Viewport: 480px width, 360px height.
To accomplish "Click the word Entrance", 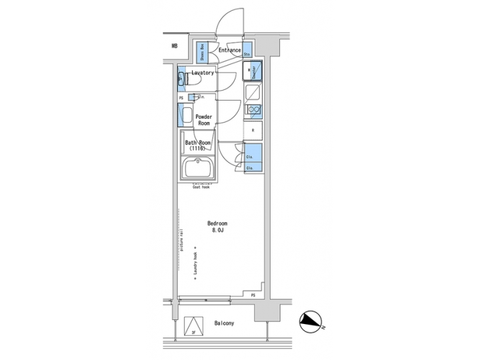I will (229, 51).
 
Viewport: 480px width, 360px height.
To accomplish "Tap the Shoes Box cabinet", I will (199, 51).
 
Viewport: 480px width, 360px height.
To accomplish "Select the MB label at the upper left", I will (175, 46).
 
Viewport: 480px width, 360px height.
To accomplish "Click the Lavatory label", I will (203, 73).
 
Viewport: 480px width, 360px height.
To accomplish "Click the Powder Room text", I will (203, 120).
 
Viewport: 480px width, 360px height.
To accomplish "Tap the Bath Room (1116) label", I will (197, 145).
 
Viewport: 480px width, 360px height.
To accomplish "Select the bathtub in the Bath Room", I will (198, 170).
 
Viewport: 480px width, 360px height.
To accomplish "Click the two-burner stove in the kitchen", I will (253, 110).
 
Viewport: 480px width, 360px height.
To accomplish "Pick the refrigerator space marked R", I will (253, 131).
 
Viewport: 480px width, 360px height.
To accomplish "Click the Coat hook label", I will (201, 187).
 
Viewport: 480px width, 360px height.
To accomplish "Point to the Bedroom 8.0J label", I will (217, 227).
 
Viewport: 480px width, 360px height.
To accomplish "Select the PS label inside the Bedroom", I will (253, 294).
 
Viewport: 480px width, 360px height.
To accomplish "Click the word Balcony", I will (224, 323).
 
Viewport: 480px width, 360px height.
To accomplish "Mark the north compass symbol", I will (311, 323).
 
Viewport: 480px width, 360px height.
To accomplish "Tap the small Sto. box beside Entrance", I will (247, 52).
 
